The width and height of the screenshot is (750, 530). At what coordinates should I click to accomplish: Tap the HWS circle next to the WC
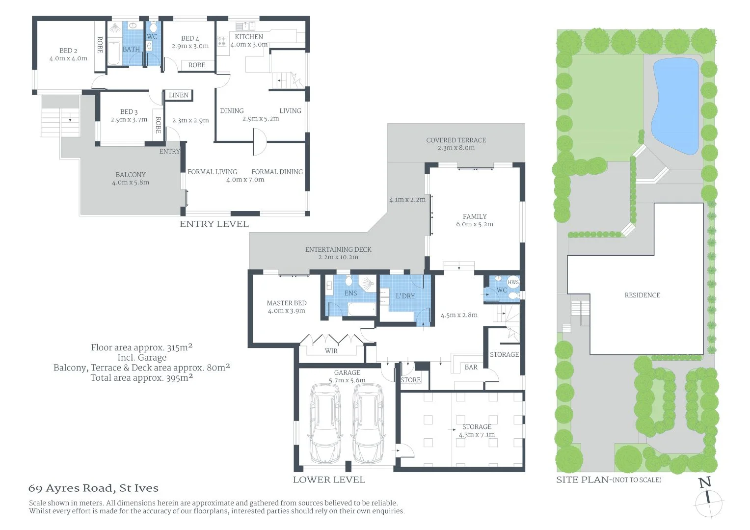513,282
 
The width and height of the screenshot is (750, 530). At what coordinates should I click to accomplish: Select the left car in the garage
324,424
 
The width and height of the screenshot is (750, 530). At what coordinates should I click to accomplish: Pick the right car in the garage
368,424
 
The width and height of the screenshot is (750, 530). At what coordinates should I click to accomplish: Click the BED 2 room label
68,51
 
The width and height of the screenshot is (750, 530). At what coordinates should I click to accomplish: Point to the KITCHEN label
249,37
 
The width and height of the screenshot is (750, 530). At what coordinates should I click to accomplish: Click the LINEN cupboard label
179,95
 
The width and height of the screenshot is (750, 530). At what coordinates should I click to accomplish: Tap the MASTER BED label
287,303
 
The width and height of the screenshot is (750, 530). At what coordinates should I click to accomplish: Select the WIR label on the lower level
331,351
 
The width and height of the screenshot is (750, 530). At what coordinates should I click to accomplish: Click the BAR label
471,367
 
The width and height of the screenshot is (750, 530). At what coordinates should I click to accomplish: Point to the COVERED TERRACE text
456,140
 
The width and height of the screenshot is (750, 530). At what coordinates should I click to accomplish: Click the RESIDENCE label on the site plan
642,295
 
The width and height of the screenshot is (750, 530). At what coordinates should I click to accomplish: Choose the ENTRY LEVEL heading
214,224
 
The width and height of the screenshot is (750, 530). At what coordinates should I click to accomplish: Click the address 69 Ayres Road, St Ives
93,488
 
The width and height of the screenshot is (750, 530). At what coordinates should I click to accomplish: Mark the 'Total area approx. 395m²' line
141,378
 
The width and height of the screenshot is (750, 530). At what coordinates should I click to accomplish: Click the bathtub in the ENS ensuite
362,309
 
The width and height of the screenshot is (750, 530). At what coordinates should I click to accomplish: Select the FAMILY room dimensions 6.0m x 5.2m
475,224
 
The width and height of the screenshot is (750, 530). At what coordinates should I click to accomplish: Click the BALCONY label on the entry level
131,175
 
